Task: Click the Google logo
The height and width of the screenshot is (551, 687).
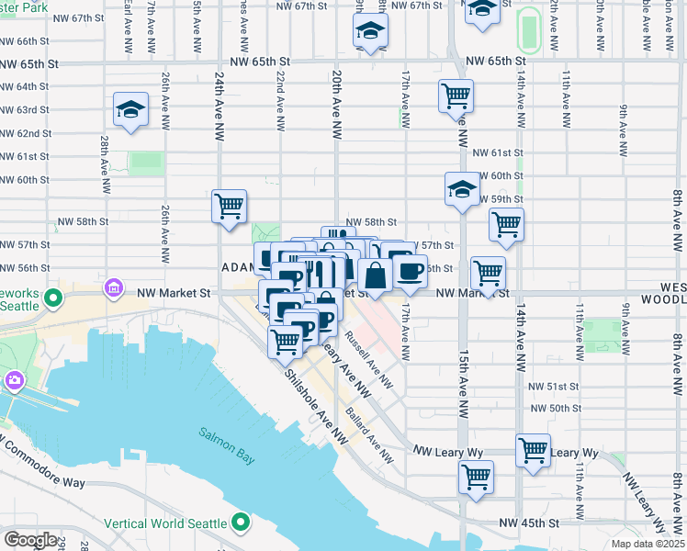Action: (29, 539)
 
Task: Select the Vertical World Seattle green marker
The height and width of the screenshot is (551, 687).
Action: (241, 523)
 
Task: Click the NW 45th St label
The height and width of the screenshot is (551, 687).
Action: (529, 523)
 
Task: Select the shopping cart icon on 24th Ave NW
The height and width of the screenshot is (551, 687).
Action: (229, 206)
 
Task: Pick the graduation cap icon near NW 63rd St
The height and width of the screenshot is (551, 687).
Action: (131, 109)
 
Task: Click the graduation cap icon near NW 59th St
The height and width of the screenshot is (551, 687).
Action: (462, 189)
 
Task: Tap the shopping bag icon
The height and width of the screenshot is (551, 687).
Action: (375, 275)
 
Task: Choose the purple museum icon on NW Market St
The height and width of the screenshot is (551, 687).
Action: (114, 288)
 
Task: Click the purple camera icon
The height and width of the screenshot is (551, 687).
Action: (15, 379)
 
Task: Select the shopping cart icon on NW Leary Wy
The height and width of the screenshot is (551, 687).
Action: (533, 450)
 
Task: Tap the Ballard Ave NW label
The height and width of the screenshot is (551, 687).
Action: (369, 435)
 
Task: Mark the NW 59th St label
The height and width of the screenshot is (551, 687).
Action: (500, 198)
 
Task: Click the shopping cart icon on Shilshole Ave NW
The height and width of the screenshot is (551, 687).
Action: (286, 342)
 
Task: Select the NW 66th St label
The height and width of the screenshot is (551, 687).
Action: (25, 41)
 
